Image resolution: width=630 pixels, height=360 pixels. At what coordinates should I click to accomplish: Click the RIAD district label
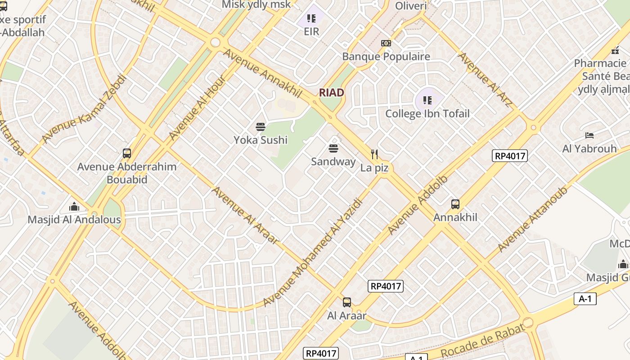tap(332, 93)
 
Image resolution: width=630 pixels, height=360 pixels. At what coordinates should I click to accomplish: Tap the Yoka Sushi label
tap(260, 140)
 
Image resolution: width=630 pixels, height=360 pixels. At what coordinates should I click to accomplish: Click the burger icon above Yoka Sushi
tap(260, 127)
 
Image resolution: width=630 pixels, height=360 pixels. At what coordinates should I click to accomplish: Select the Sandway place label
tap(333, 162)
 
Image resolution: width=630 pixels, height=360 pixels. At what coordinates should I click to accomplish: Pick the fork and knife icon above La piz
tap(374, 154)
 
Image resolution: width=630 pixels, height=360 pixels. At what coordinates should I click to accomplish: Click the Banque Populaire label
tap(386, 57)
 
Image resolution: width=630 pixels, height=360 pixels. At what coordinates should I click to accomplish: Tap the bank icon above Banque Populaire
tap(386, 43)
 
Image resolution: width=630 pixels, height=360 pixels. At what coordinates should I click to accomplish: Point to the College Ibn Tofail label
tap(427, 114)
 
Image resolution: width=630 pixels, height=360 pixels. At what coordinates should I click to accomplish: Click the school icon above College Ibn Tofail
tap(427, 100)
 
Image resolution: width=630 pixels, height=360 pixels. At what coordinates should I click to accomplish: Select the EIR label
tap(311, 31)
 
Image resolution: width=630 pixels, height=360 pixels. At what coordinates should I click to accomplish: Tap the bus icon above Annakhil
tap(455, 204)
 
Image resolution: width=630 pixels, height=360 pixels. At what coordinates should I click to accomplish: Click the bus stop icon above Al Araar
tap(346, 302)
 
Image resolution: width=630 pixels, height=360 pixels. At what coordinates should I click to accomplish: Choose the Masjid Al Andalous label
tap(74, 220)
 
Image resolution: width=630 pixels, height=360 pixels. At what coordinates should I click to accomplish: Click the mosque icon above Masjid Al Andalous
tap(74, 207)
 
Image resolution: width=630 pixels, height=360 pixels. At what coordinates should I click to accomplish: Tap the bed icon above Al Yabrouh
tap(589, 135)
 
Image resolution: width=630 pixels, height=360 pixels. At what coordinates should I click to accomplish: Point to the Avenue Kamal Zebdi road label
tap(84, 110)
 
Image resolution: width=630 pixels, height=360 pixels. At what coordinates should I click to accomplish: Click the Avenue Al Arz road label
tap(485, 80)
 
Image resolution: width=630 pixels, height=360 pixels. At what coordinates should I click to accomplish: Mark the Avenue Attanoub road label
tap(532, 219)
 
